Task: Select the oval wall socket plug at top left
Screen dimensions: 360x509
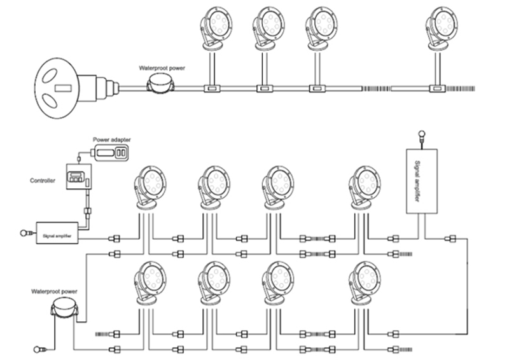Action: tap(59, 83)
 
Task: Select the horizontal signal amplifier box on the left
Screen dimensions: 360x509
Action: tap(57, 233)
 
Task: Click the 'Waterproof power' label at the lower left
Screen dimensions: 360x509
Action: tap(55, 291)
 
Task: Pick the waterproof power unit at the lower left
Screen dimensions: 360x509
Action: tap(64, 308)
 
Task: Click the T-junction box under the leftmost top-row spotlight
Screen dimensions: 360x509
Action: tap(211, 88)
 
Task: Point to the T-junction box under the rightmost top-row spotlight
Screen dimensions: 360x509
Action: tap(437, 88)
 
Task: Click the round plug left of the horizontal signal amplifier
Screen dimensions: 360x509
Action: tap(25, 233)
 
